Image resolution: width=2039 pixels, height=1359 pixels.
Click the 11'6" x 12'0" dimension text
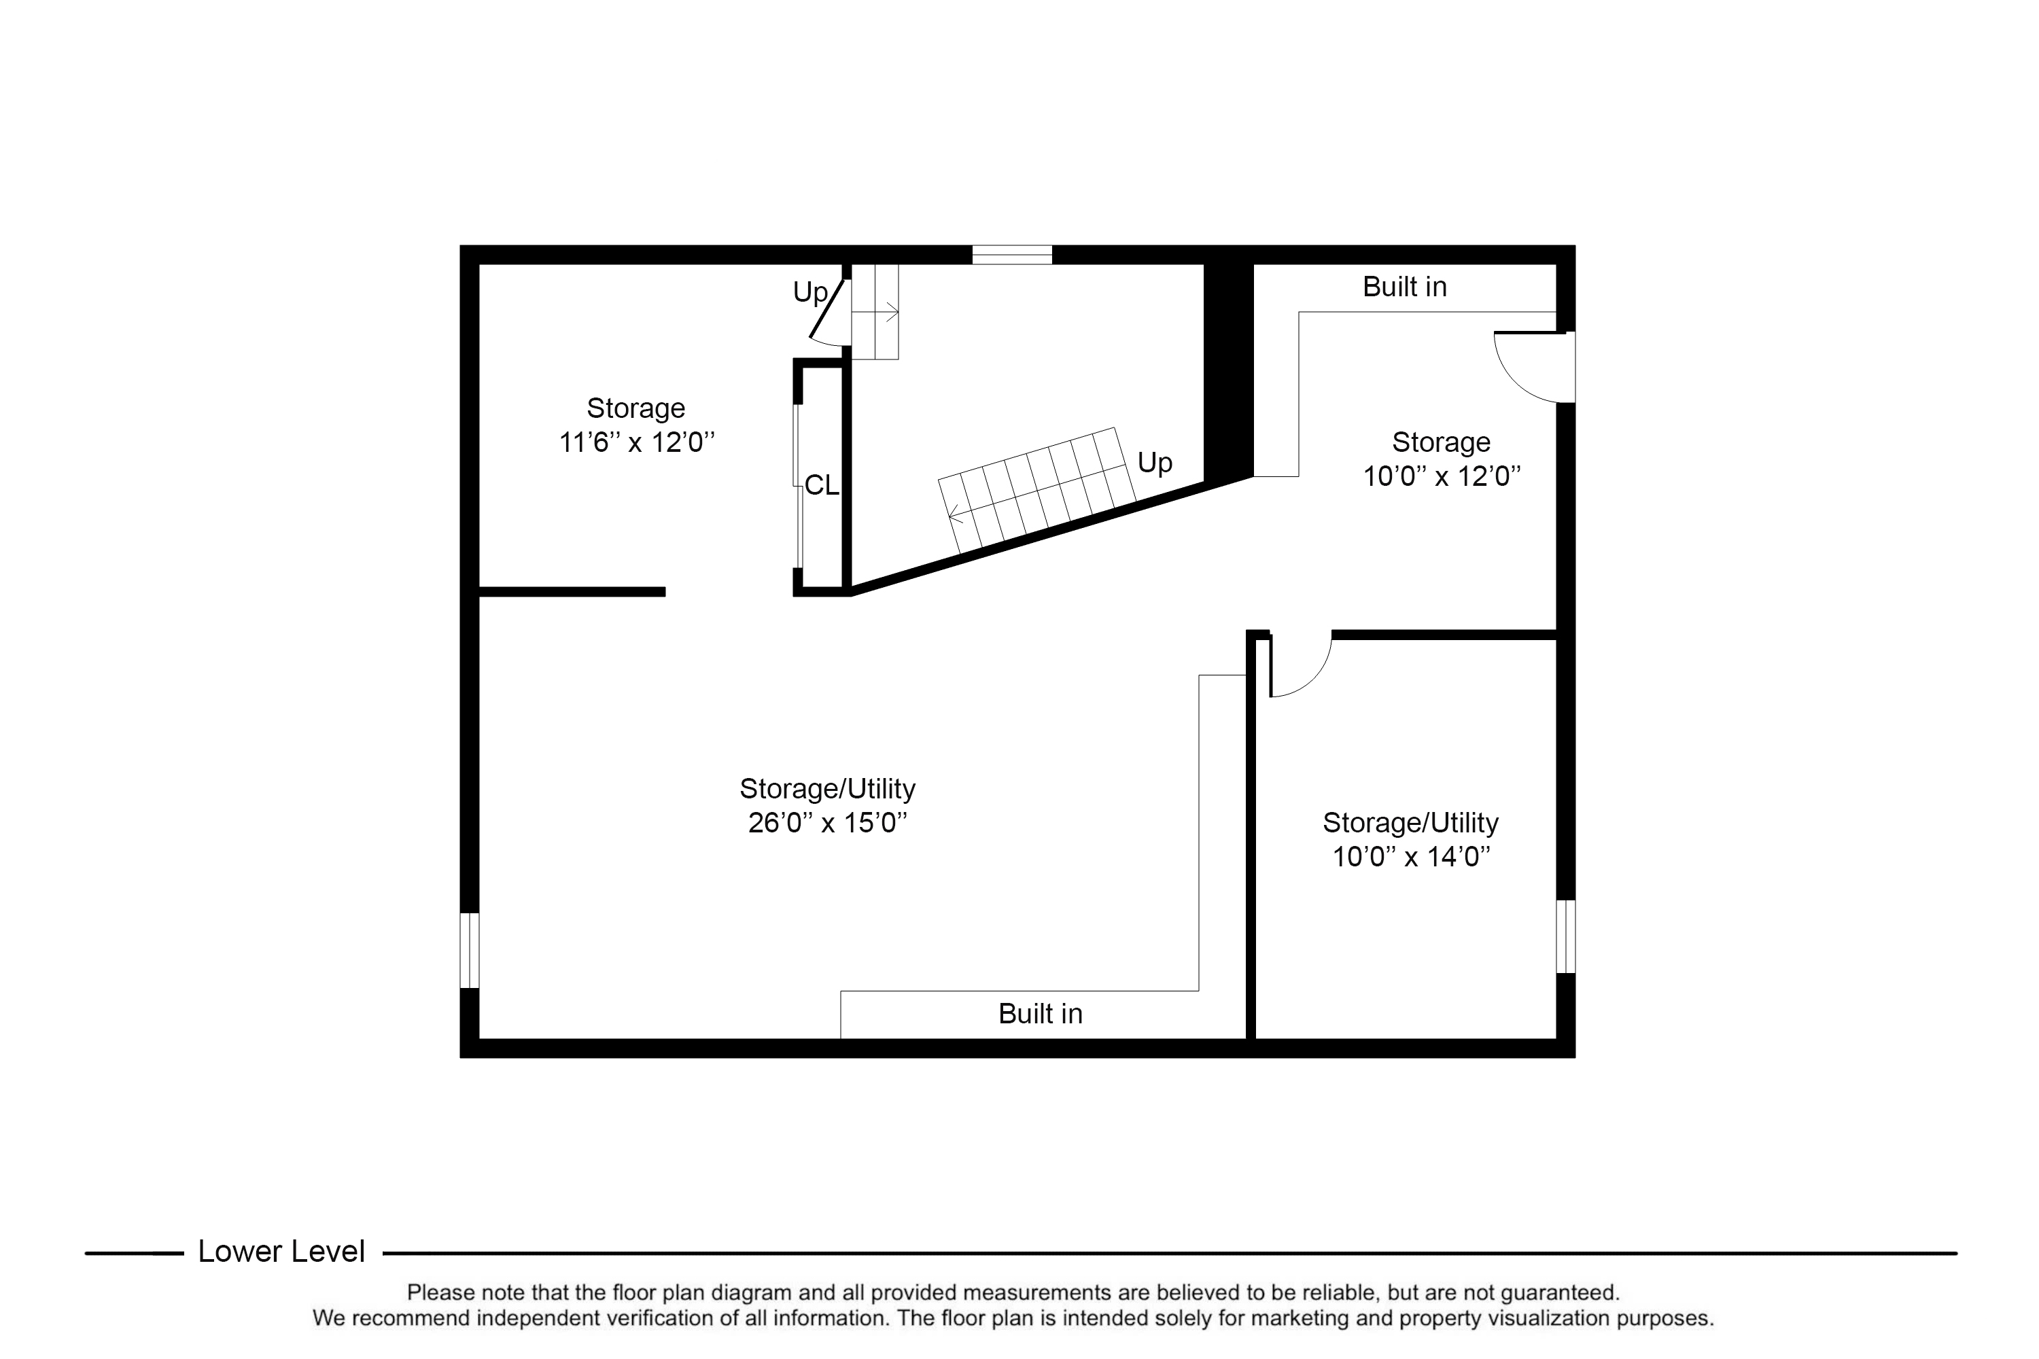tap(638, 443)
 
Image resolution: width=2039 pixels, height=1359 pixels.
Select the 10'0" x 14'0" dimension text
tap(1412, 857)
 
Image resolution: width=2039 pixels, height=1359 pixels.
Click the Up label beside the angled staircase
tap(1155, 463)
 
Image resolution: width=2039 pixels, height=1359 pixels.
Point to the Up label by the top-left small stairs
tap(811, 293)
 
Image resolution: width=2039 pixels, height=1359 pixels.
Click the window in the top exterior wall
tap(1012, 255)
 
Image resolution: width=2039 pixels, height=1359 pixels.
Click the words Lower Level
tap(282, 1252)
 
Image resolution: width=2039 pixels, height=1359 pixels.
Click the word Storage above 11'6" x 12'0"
tap(636, 408)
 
